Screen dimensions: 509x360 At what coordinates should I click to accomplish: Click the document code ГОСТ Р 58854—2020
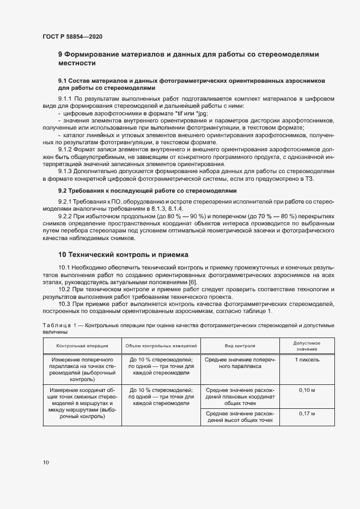[x=72, y=37]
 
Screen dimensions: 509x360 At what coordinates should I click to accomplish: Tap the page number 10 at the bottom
[x=45, y=462]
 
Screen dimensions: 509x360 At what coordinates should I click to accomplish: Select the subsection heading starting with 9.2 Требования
[x=148, y=191]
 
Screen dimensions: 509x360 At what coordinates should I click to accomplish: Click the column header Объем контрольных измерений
[x=161, y=346]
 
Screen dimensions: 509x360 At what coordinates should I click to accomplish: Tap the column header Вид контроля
[x=240, y=346]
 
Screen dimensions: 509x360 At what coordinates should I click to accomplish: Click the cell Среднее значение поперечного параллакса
[x=240, y=363]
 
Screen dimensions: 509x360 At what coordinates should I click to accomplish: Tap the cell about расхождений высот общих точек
[x=240, y=417]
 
